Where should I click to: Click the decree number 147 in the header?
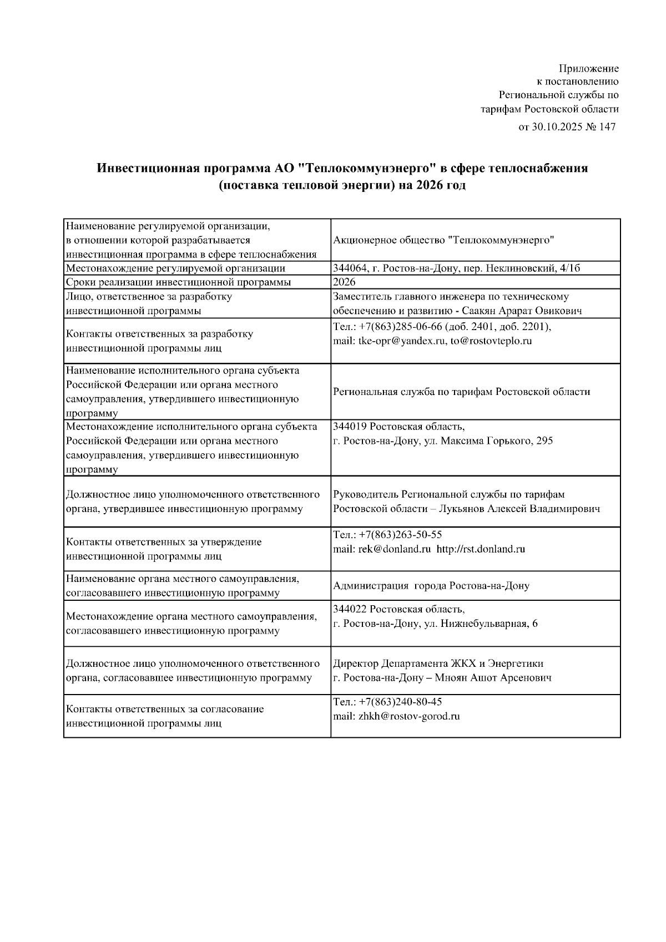(607, 127)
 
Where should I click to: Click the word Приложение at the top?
(588, 69)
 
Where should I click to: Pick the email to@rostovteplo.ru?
(491, 341)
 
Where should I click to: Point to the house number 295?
(544, 441)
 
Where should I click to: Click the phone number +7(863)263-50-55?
(400, 535)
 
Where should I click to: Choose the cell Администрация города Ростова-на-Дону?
(431, 586)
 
